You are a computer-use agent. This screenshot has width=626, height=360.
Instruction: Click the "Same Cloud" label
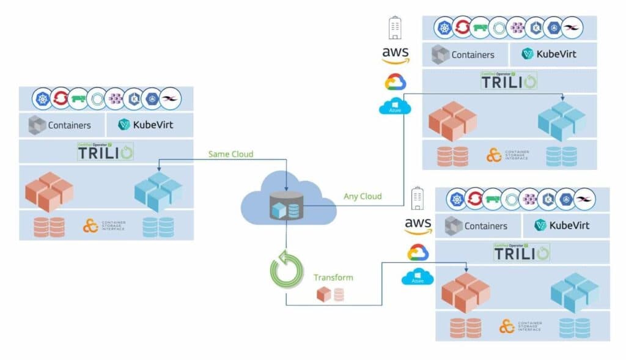tap(230, 154)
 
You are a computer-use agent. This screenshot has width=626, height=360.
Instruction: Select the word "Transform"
tap(333, 277)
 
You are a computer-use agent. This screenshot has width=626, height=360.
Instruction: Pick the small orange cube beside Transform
tap(323, 295)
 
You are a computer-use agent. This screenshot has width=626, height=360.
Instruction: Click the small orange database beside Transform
tap(339, 295)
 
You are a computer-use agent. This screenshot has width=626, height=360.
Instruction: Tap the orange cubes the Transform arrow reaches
tap(465, 293)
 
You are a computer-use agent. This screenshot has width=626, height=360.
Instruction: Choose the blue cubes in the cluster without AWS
tap(158, 191)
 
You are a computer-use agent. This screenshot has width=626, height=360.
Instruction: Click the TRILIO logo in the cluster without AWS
tap(105, 152)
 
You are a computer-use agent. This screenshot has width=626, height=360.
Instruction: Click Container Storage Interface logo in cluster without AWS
tap(104, 226)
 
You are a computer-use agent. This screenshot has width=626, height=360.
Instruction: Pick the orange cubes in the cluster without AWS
tap(49, 191)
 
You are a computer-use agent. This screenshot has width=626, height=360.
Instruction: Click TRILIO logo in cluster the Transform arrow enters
tap(521, 252)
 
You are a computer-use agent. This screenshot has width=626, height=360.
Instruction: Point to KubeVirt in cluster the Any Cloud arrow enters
tap(548, 54)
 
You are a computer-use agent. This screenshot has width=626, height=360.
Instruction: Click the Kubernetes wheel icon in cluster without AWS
tap(43, 98)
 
